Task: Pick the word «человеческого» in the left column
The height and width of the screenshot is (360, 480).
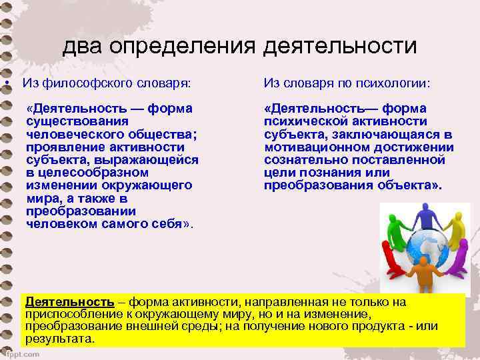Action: (x=70, y=134)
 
